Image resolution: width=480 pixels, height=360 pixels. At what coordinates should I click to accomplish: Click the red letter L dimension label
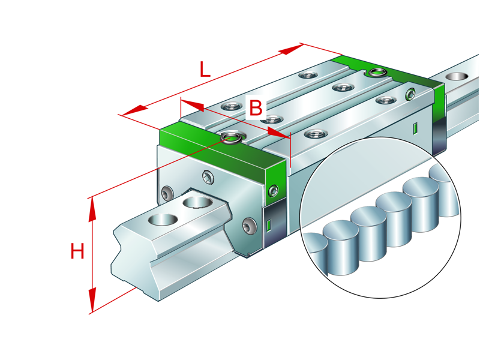pos(205,70)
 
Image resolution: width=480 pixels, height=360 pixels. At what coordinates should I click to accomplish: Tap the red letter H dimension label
pos(77,251)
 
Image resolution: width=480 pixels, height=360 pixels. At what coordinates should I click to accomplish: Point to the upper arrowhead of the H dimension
pos(92,208)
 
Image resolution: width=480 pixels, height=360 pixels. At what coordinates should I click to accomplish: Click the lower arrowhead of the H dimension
pos(92,299)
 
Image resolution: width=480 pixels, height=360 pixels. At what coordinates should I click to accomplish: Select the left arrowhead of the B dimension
pos(192,106)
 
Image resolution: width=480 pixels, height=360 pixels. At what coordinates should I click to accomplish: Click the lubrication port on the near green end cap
pos(230,139)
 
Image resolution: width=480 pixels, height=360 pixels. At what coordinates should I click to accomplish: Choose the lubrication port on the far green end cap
pos(377,73)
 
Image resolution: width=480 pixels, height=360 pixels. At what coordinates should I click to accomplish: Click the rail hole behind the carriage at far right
pos(458,77)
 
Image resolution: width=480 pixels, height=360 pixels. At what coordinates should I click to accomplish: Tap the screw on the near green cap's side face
pos(274,191)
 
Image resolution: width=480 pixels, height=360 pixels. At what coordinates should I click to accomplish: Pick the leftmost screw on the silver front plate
pos(166,194)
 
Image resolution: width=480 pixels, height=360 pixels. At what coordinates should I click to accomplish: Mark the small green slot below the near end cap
pos(269,226)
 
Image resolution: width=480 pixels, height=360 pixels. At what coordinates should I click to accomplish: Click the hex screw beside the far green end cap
pos(410,94)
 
